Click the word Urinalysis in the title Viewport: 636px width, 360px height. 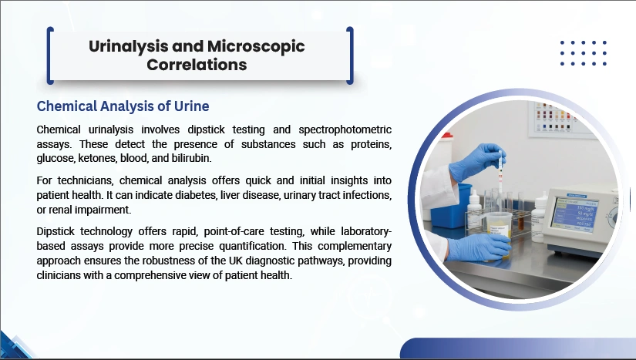tap(129, 46)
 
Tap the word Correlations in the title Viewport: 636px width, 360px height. tap(197, 65)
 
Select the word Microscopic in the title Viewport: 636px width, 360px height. tap(256, 46)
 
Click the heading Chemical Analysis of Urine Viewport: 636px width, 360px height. tap(123, 106)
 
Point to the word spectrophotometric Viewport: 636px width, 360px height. tap(345, 130)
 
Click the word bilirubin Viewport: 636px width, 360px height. tap(191, 158)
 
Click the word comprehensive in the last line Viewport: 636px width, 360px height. tap(149, 276)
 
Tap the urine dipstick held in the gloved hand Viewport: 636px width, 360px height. tap(500, 171)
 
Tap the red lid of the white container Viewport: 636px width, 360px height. tap(447, 135)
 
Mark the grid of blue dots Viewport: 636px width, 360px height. tap(584, 53)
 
